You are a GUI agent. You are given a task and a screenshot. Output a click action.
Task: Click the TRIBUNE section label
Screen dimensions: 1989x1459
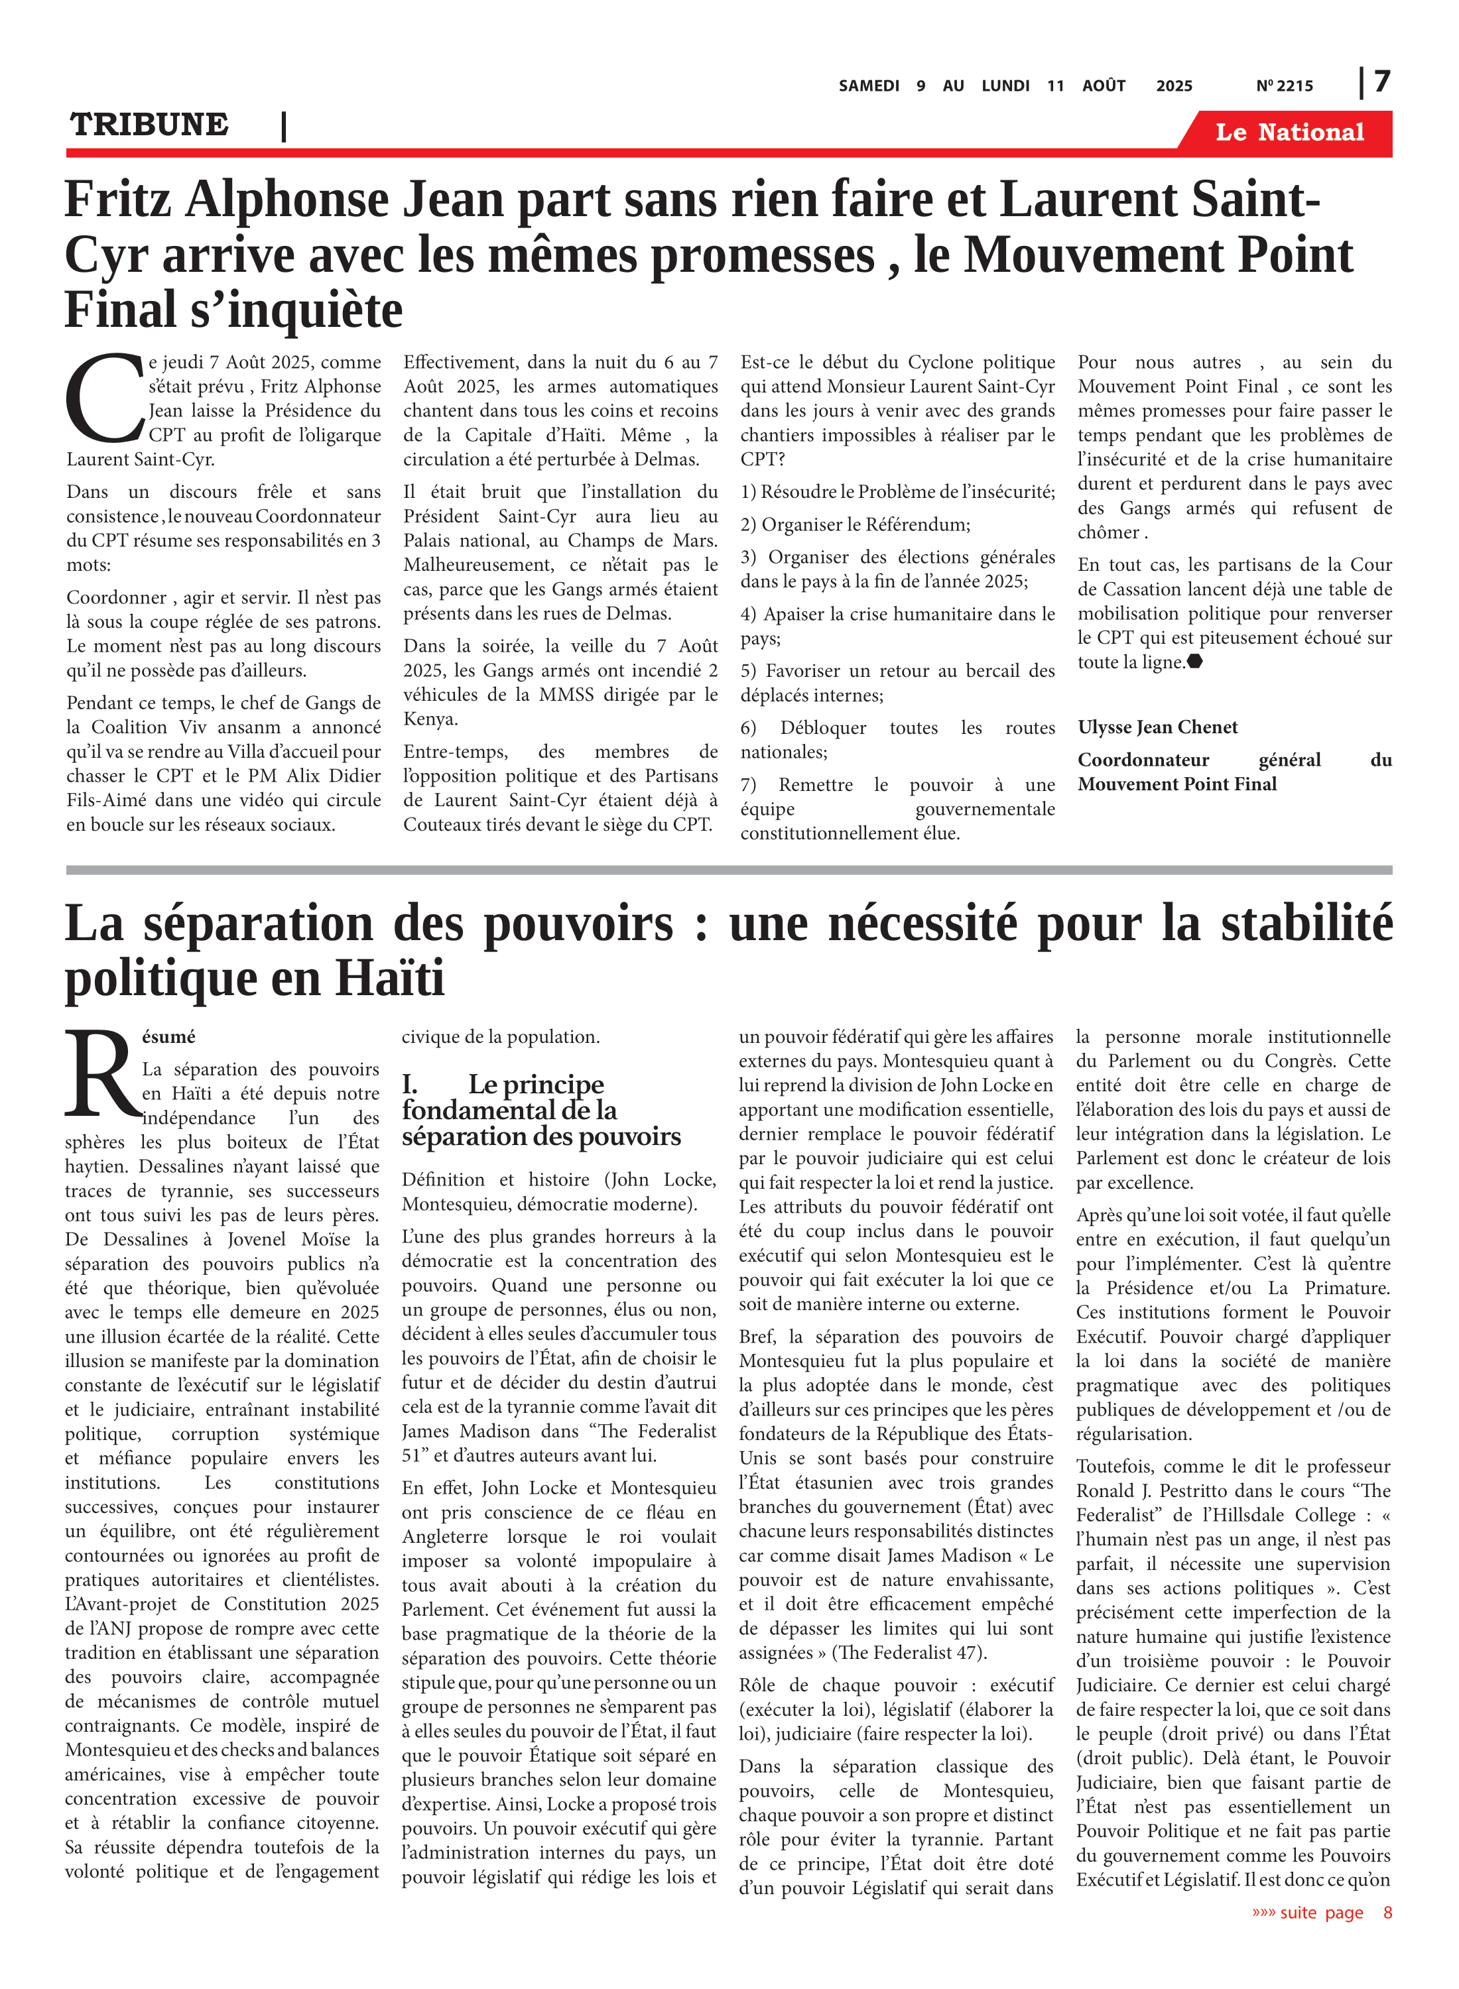149,125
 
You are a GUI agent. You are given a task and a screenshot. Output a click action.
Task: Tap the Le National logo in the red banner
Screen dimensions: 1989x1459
1289,133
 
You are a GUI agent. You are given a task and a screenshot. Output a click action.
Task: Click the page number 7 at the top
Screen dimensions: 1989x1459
1382,82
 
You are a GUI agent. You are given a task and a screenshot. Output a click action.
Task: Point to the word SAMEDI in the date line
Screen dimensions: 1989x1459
868,86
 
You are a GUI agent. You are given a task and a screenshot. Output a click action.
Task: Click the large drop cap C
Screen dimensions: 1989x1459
104,399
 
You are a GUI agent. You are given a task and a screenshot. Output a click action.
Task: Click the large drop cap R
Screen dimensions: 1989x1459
101,1075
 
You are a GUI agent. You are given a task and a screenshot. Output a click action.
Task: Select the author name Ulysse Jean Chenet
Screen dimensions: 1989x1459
1157,727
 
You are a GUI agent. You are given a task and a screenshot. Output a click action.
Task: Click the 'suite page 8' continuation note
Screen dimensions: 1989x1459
1321,1912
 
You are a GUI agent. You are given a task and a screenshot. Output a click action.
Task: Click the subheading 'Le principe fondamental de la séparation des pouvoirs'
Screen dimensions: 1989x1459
540,1110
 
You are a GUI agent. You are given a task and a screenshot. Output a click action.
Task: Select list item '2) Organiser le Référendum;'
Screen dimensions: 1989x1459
855,524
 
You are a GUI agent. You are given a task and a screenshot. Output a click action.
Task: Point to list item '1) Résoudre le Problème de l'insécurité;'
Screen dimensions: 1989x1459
897,492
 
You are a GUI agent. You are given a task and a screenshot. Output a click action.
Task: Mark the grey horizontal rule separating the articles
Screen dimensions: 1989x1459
729,871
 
